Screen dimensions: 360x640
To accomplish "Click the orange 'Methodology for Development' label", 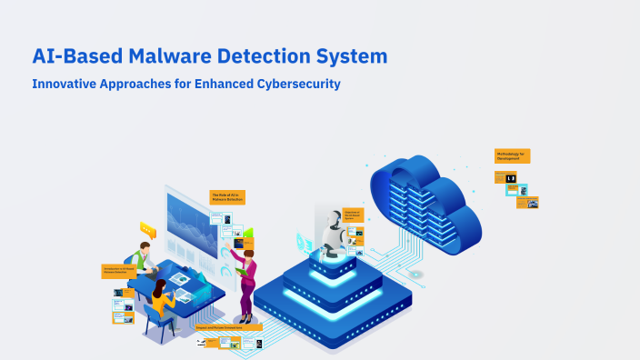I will [512, 155].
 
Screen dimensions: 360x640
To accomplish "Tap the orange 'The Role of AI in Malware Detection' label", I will [227, 196].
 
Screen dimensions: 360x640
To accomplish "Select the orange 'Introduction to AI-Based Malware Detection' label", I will [118, 271].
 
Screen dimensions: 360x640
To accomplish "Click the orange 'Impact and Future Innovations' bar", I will [228, 326].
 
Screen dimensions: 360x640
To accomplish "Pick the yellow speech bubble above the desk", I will [147, 228].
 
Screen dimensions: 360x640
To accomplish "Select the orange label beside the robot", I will [352, 215].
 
